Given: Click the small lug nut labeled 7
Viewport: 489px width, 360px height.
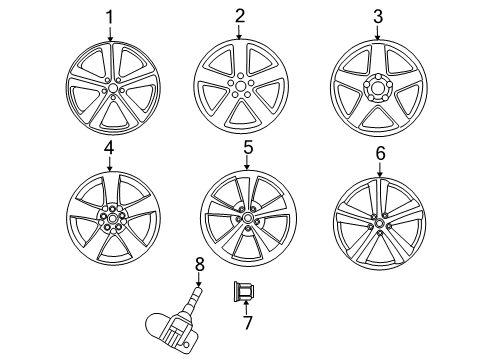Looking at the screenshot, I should pos(244,293).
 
